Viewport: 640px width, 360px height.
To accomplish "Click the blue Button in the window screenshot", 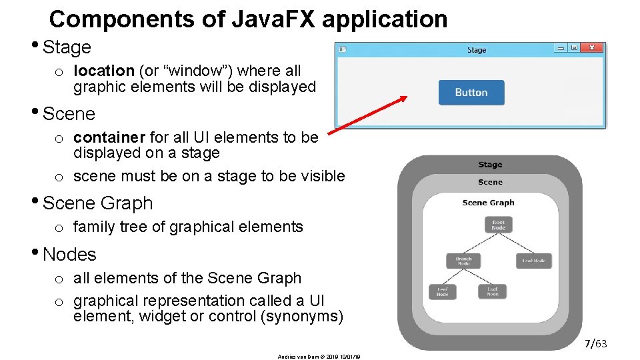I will [x=471, y=93].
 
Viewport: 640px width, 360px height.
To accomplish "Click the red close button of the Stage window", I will [x=592, y=48].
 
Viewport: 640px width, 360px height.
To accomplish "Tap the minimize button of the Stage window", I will [x=561, y=48].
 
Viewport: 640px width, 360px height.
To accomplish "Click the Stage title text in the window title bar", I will [x=477, y=50].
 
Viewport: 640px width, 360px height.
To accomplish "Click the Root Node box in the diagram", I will [x=498, y=225].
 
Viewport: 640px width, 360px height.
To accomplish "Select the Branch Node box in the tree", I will [x=463, y=261].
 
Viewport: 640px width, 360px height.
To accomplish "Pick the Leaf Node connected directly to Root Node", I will [x=533, y=261].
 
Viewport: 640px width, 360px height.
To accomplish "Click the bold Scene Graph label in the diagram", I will [x=488, y=203].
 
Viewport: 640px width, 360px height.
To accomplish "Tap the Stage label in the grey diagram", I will [x=490, y=165].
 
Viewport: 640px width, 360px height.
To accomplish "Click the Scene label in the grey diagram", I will [x=490, y=182].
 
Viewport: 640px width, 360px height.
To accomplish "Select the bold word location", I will [x=104, y=71].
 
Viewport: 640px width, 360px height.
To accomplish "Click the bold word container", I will [x=109, y=137].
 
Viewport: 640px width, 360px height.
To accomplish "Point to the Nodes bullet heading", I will [x=69, y=255].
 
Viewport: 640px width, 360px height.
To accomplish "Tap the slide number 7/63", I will [x=596, y=344].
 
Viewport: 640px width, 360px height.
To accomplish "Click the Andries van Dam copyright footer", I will [x=318, y=357].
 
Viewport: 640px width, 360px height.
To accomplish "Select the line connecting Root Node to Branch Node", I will [x=481, y=243].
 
